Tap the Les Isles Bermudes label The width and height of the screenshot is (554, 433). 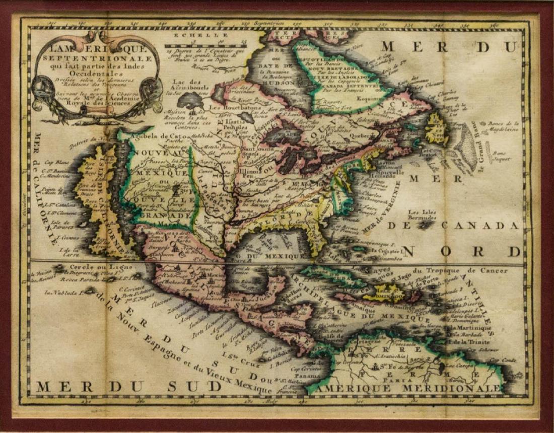tap(422, 215)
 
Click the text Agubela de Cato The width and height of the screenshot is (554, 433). tap(151, 135)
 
